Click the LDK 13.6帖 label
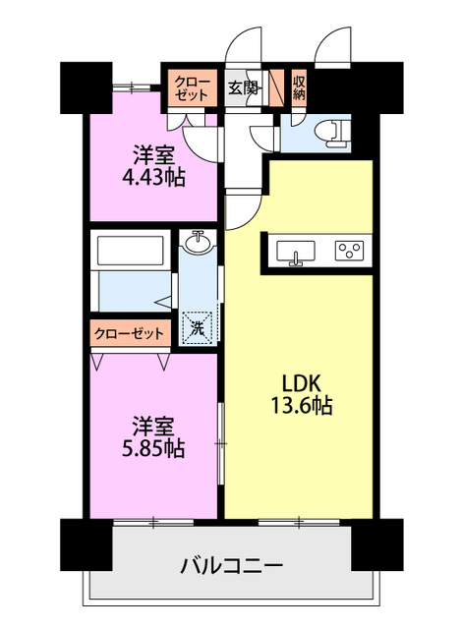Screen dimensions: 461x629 (302, 394)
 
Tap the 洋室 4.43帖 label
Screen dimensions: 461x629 (153, 166)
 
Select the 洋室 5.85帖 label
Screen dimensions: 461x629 (153, 437)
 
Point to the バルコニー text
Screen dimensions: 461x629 (232, 566)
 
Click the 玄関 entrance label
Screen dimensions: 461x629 (243, 87)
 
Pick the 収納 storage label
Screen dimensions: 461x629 (299, 87)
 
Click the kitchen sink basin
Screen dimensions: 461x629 (296, 252)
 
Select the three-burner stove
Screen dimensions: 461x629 (349, 251)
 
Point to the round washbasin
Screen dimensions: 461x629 (198, 242)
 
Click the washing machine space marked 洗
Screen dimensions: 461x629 (197, 328)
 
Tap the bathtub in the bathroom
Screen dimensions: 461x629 (131, 251)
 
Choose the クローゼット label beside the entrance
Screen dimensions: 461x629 (193, 88)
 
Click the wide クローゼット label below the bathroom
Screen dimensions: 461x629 (130, 333)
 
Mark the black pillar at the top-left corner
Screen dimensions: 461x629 (86, 87)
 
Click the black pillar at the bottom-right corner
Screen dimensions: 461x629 (377, 544)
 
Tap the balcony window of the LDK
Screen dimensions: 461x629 (299, 522)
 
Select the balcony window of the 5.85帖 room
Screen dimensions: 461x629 (153, 522)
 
